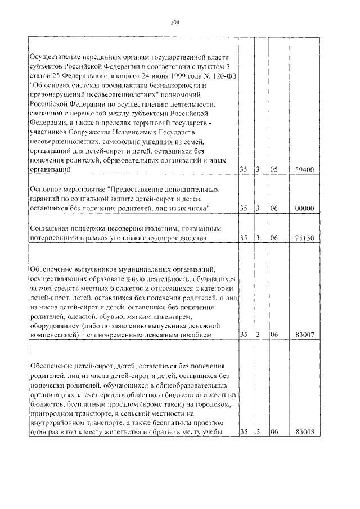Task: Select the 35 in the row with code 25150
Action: [243, 238]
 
